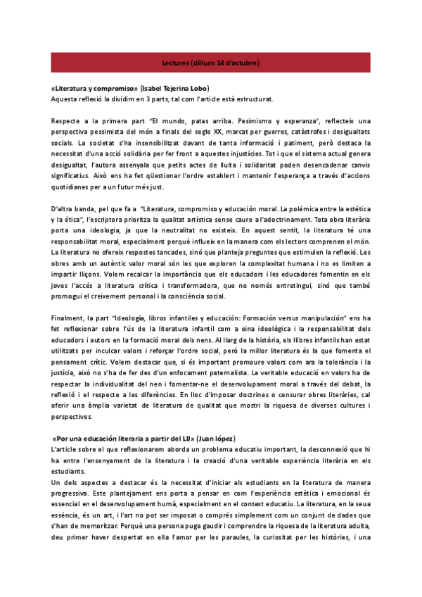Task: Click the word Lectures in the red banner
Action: [x=175, y=63]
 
